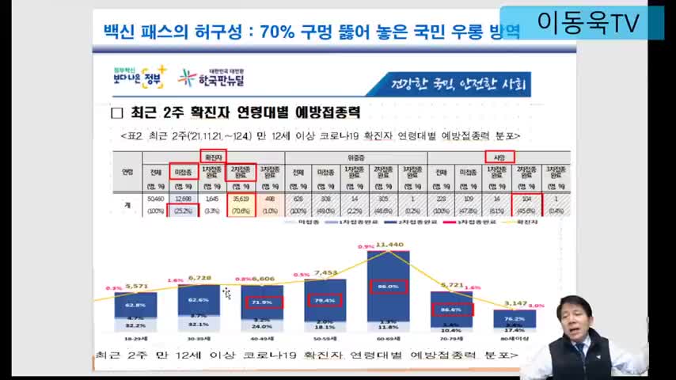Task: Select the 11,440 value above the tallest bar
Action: coord(390,245)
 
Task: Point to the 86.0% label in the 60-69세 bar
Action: coord(388,286)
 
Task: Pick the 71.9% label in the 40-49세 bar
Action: coord(262,302)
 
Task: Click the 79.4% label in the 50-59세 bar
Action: coord(325,299)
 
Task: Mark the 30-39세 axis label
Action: coord(198,336)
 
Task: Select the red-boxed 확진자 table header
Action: coord(213,157)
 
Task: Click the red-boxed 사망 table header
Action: coord(499,157)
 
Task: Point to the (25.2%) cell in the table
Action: coord(183,211)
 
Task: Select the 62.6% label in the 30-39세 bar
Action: coord(198,300)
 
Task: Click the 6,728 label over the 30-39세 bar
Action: coord(198,278)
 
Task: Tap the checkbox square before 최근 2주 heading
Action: coord(117,113)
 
